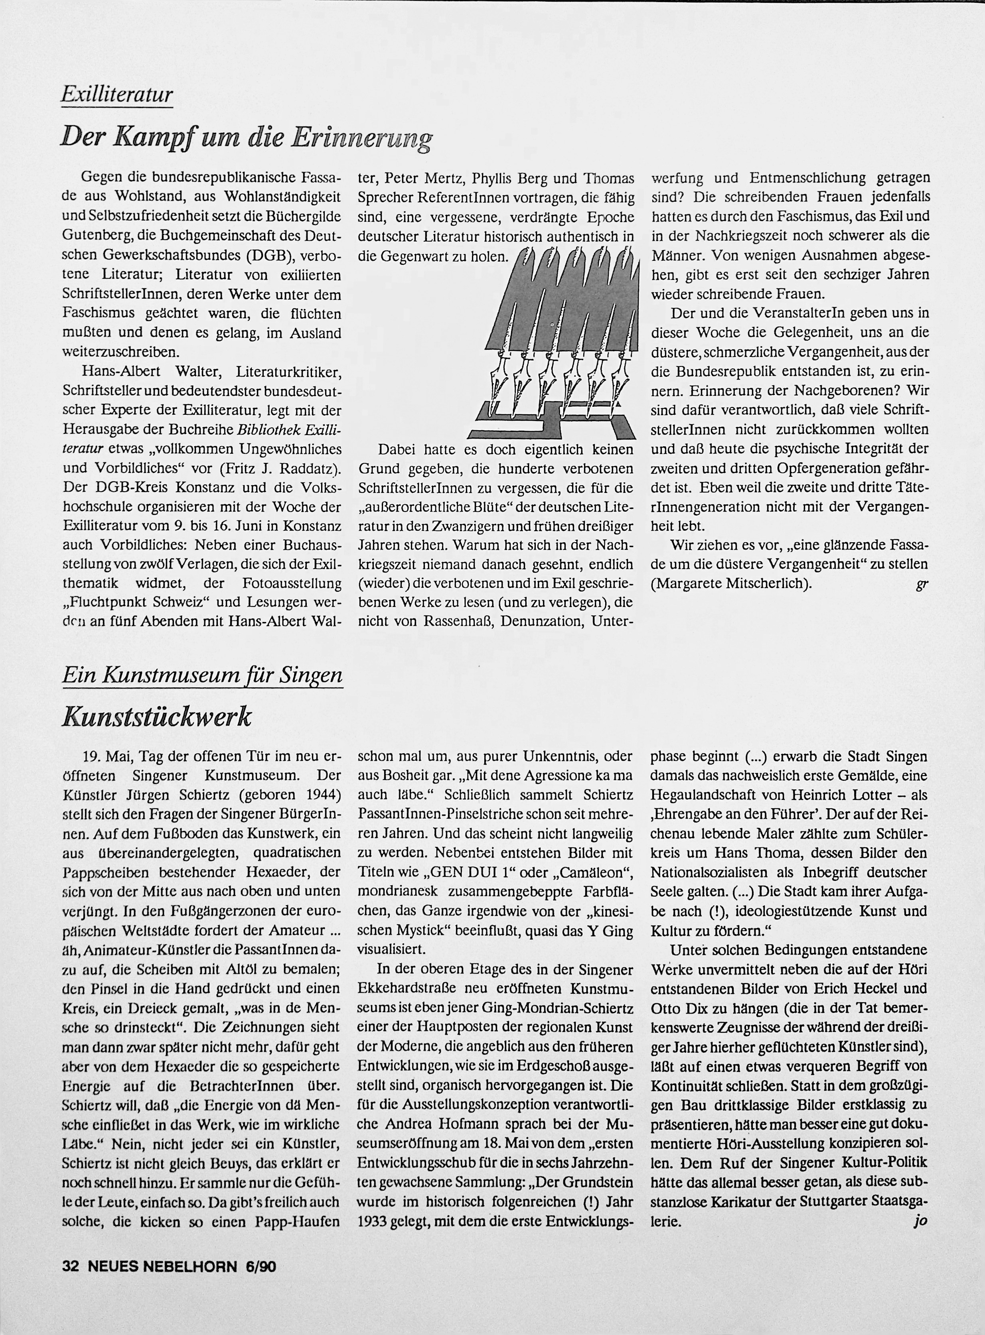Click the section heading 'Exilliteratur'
click(x=117, y=95)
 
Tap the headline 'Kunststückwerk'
click(x=157, y=717)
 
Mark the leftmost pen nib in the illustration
click(x=494, y=388)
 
